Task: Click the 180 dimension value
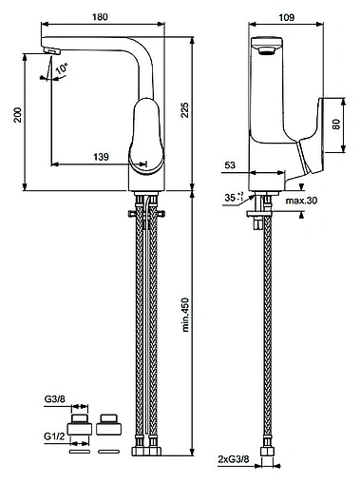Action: (100, 16)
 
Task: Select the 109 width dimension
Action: (287, 17)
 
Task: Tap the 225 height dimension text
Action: (184, 110)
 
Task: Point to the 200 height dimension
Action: (18, 115)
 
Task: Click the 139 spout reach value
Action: (101, 157)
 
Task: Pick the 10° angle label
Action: (62, 68)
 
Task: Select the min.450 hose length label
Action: (185, 315)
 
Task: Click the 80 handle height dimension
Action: (336, 124)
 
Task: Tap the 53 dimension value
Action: (230, 165)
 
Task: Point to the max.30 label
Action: (301, 201)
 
